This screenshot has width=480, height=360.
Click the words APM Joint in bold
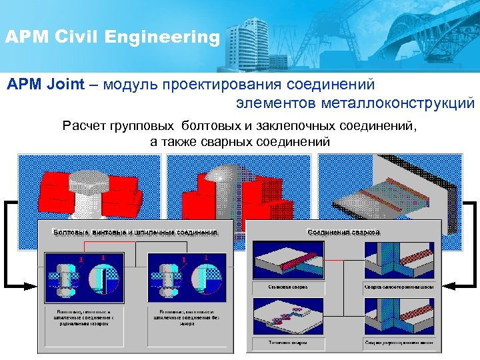[x=45, y=85]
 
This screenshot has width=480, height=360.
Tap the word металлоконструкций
[x=397, y=103]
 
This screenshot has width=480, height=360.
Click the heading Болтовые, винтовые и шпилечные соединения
[x=135, y=232]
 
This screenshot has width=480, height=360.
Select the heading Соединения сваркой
[x=344, y=232]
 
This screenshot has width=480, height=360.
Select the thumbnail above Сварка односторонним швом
[x=399, y=261]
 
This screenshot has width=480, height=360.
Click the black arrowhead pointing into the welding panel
[x=451, y=286]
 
